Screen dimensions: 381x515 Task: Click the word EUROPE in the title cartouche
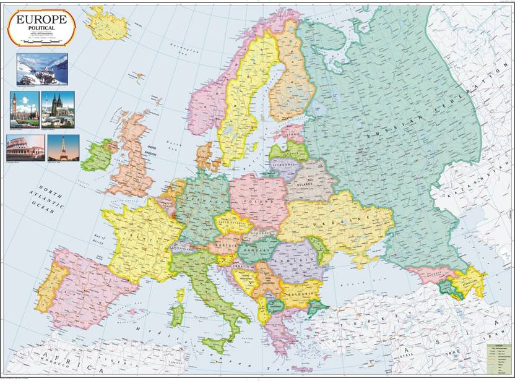pos(41,20)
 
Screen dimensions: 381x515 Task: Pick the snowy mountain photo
pos(42,69)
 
